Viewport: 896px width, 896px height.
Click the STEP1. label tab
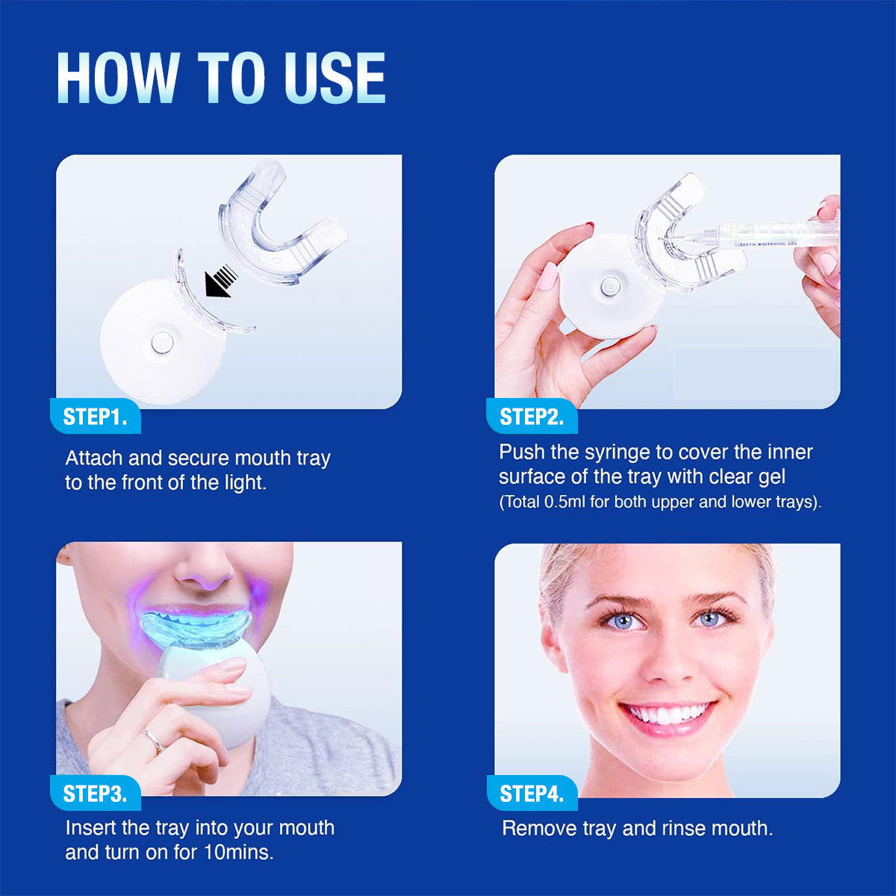tap(95, 417)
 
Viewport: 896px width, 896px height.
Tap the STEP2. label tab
tap(531, 417)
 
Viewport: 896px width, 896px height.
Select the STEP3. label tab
tap(95, 794)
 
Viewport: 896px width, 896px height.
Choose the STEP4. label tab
tap(531, 794)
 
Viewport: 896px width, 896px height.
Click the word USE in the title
tap(335, 78)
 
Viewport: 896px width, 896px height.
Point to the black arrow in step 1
tap(220, 282)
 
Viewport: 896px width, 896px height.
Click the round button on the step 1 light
tap(161, 343)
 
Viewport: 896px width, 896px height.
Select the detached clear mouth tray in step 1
tap(280, 224)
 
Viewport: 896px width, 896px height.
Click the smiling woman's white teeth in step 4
tap(668, 714)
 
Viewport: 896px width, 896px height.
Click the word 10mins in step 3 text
tap(238, 852)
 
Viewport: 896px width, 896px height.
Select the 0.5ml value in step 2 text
tap(565, 502)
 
